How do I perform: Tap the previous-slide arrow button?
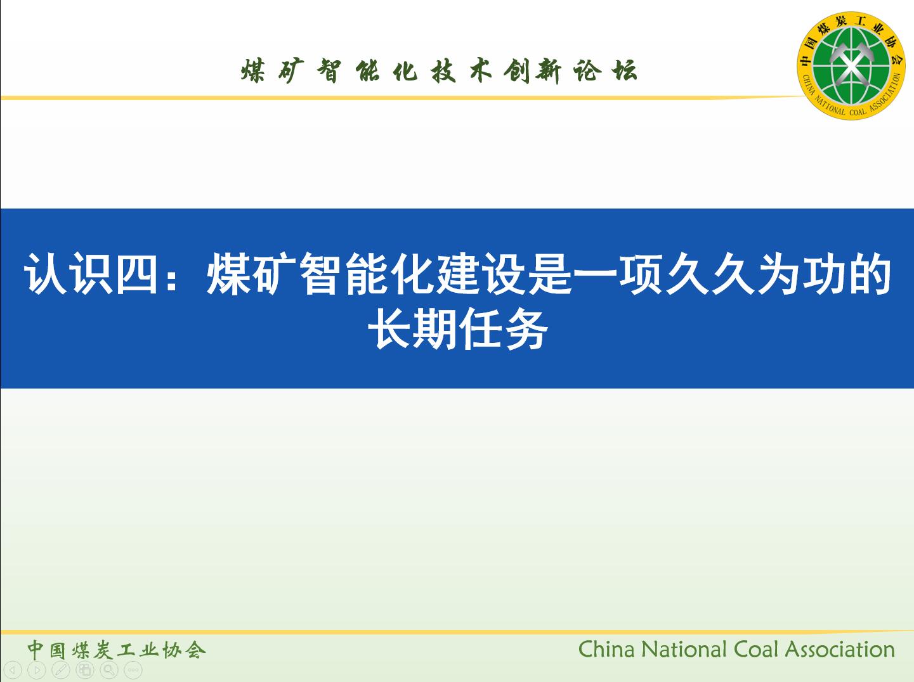(x=13, y=670)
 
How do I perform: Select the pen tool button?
(x=61, y=670)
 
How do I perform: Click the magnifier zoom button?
(x=109, y=670)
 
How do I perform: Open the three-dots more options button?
(x=133, y=670)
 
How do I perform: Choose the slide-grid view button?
(x=85, y=670)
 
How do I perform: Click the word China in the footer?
(x=606, y=650)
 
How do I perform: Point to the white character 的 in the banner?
(x=870, y=274)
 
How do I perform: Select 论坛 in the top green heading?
(x=606, y=71)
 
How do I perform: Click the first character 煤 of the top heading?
(x=253, y=71)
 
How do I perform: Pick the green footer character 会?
(x=195, y=650)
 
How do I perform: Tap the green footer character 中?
(x=36, y=650)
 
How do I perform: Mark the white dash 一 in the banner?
(x=594, y=274)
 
